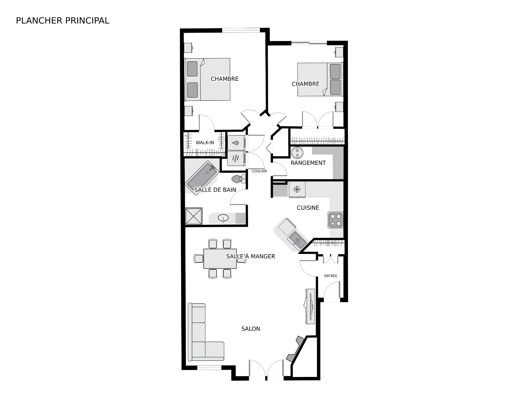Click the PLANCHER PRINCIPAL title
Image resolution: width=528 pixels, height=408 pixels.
tap(63, 21)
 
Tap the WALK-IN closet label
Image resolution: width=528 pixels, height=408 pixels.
tap(205, 143)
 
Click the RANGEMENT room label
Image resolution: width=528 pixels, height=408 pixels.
tap(308, 163)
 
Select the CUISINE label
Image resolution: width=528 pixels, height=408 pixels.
tap(308, 208)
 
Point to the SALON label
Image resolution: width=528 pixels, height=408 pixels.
tap(251, 328)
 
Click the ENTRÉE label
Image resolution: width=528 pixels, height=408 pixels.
tap(331, 276)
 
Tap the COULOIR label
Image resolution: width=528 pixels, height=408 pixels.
tap(259, 171)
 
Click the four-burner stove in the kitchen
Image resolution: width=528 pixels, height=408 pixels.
tap(335, 220)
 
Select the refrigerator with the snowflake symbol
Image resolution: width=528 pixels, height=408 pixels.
tap(297, 189)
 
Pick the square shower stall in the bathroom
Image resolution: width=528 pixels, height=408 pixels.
tap(194, 216)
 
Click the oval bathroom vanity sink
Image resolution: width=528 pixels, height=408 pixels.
tap(223, 219)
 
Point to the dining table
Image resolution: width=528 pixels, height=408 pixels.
tap(220, 258)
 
